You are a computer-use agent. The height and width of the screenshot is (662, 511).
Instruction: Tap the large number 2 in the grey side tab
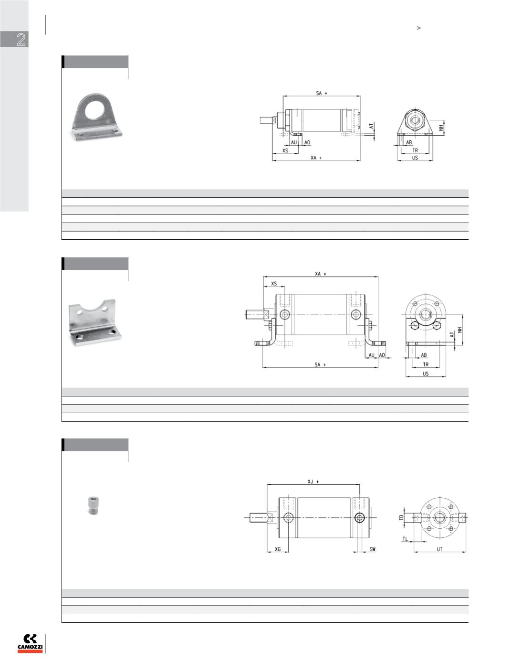point(21,40)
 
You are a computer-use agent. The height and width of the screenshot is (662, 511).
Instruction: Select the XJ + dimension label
point(313,481)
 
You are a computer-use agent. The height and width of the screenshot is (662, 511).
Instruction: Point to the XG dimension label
point(278,549)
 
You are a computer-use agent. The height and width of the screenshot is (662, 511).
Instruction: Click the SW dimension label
point(373,549)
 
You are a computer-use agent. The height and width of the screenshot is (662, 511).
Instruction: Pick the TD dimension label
point(401,517)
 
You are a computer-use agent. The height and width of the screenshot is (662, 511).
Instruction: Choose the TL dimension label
point(405,539)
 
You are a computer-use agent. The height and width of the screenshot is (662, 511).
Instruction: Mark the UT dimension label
point(439,549)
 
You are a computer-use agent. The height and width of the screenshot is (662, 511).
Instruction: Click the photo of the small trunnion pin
point(93,505)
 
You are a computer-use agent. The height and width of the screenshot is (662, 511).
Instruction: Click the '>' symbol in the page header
point(419,28)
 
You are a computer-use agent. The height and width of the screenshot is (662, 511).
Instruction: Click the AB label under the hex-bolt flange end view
point(424,355)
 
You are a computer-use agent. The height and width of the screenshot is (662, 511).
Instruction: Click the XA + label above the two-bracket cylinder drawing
point(321,274)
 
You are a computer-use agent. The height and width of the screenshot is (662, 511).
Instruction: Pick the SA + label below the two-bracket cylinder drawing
point(320,364)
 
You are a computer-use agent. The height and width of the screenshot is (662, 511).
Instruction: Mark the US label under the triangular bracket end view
point(415,158)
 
